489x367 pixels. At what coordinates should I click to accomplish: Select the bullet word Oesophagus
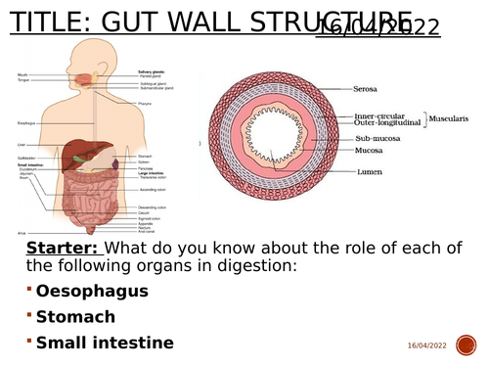point(92,291)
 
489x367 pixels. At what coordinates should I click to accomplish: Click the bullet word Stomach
point(75,316)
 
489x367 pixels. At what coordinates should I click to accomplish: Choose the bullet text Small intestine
point(105,343)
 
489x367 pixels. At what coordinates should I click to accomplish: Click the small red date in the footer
point(426,345)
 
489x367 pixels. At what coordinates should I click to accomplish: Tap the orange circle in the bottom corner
point(471,345)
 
